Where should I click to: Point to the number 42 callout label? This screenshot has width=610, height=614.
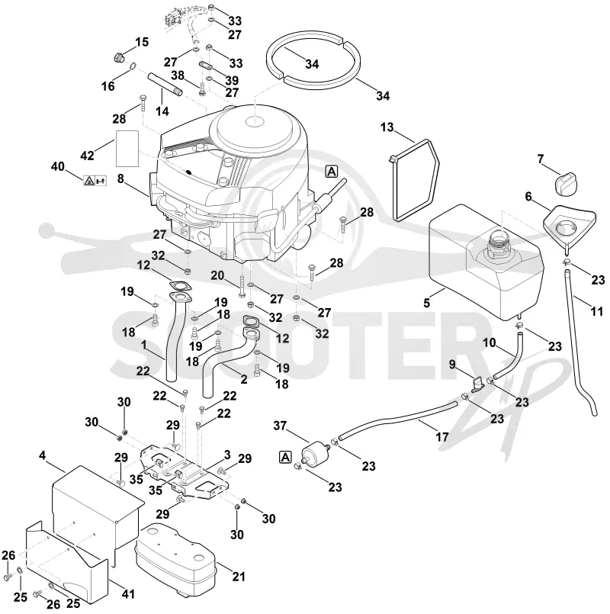point(87,156)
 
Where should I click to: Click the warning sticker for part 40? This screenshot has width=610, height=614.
point(95,181)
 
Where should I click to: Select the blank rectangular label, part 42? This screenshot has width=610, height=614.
point(127,149)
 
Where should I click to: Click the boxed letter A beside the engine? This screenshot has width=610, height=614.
point(331,172)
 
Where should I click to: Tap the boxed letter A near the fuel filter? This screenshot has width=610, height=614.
point(286,457)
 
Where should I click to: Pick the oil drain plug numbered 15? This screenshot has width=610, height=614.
point(118,58)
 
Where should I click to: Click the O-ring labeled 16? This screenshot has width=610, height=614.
point(133,66)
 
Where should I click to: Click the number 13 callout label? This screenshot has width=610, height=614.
point(387,127)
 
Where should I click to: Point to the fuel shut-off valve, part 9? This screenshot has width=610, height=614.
point(477,384)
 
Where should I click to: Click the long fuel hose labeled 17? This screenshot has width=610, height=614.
point(398,419)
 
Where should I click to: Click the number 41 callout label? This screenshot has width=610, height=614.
point(127,593)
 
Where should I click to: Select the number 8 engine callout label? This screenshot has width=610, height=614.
point(120,179)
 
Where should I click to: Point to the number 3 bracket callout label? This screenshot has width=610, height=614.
point(227,455)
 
